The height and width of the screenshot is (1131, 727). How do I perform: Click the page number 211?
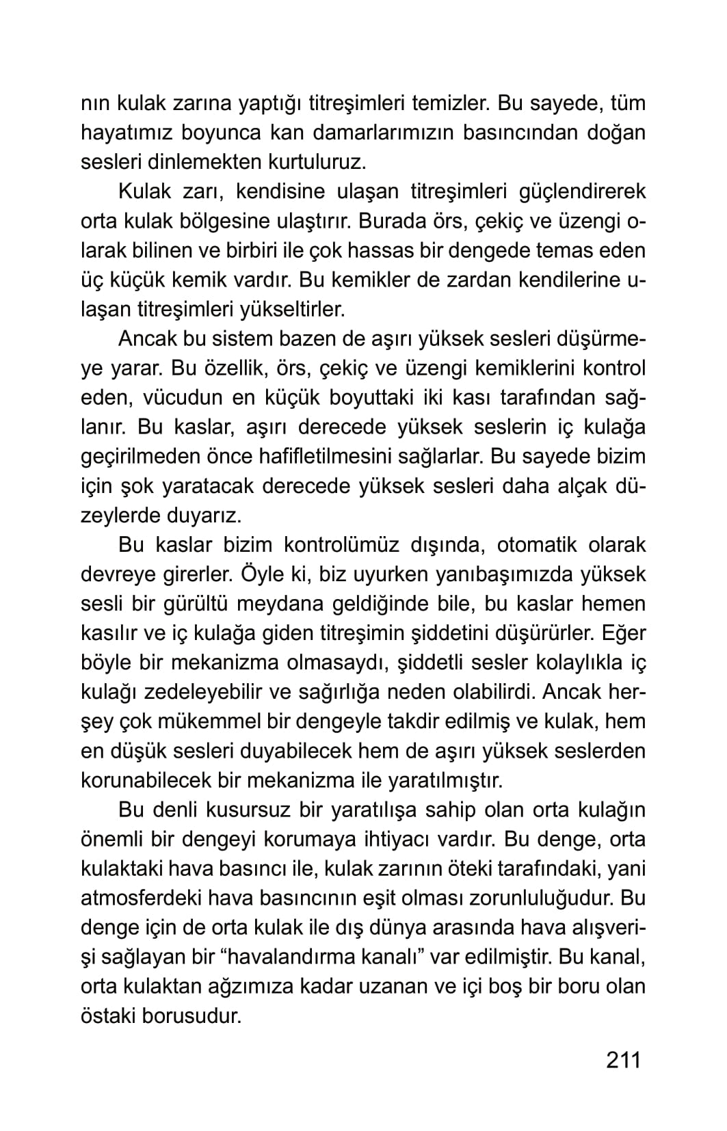point(623,1060)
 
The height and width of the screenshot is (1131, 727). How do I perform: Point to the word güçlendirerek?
point(576,192)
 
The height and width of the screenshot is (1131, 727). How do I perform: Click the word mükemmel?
point(189,721)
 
